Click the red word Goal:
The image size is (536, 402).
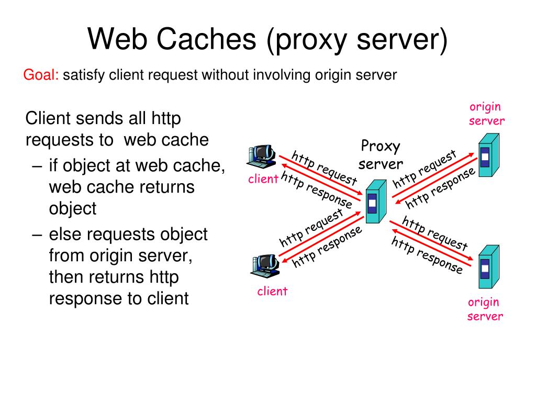coord(41,75)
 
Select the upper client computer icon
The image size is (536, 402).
coord(262,155)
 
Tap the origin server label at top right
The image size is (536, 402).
coord(486,114)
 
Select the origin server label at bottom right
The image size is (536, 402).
coord(485,309)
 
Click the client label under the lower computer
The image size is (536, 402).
coord(272,292)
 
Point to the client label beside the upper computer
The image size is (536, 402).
coord(263,180)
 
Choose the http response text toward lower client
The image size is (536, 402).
coord(327,247)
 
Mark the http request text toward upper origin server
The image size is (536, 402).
coord(425,169)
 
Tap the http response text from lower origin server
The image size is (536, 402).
coord(427,255)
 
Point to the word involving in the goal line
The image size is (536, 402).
coord(283,75)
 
